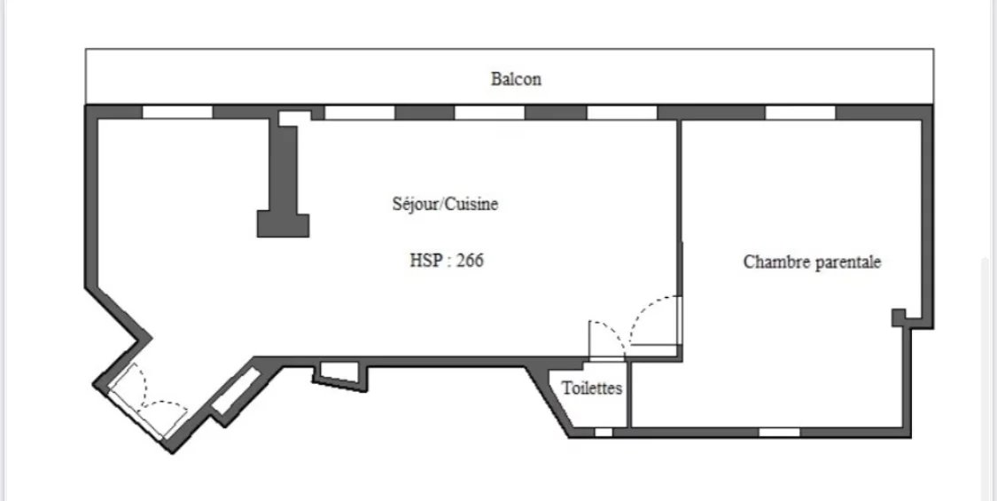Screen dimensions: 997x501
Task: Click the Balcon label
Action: (516, 79)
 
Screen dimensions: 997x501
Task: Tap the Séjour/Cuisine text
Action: (445, 204)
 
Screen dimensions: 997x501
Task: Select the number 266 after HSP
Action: (470, 261)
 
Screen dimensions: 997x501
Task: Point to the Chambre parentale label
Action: (812, 262)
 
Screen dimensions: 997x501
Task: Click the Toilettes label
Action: (592, 387)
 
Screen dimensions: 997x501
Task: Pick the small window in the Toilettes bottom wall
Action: (604, 432)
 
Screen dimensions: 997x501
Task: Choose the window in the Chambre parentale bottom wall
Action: (780, 432)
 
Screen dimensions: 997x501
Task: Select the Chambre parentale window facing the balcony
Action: (800, 113)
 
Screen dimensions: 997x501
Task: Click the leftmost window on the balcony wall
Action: (177, 112)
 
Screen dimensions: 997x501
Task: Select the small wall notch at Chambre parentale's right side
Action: (900, 317)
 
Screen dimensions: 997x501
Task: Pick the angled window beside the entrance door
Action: (236, 391)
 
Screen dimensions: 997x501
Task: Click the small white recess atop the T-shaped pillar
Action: (294, 119)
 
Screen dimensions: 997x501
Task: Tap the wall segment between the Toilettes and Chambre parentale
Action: (628, 395)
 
